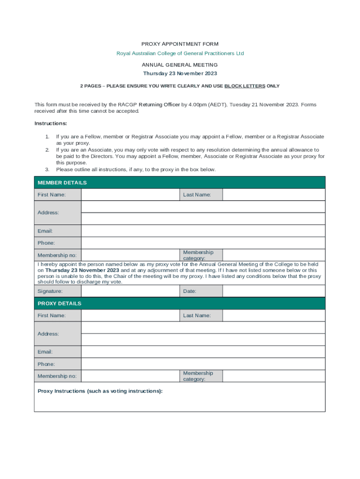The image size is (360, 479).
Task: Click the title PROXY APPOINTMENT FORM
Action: [180, 44]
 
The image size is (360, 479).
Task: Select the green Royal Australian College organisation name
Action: [180, 53]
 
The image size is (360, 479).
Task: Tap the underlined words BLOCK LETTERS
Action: [245, 86]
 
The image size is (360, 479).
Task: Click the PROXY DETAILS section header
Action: [59, 303]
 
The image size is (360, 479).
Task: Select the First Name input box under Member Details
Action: [130, 195]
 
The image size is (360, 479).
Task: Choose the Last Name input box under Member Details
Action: [274, 195]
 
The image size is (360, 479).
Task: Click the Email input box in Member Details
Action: [203, 231]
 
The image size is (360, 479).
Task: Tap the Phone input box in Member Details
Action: [203, 243]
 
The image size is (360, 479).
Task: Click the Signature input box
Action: [130, 291]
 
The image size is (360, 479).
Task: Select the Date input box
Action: [274, 291]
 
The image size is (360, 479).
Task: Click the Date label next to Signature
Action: [190, 291]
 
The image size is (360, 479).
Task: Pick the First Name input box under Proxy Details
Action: [130, 315]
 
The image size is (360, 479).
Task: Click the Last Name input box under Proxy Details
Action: [274, 315]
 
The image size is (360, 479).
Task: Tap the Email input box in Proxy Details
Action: [203, 352]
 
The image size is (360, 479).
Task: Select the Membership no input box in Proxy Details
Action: [130, 376]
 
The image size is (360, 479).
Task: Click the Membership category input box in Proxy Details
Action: [274, 376]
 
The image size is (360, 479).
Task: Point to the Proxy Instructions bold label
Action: [100, 391]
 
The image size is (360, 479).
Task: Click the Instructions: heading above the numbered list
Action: [51, 123]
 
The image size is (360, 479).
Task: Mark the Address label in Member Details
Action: [48, 212]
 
